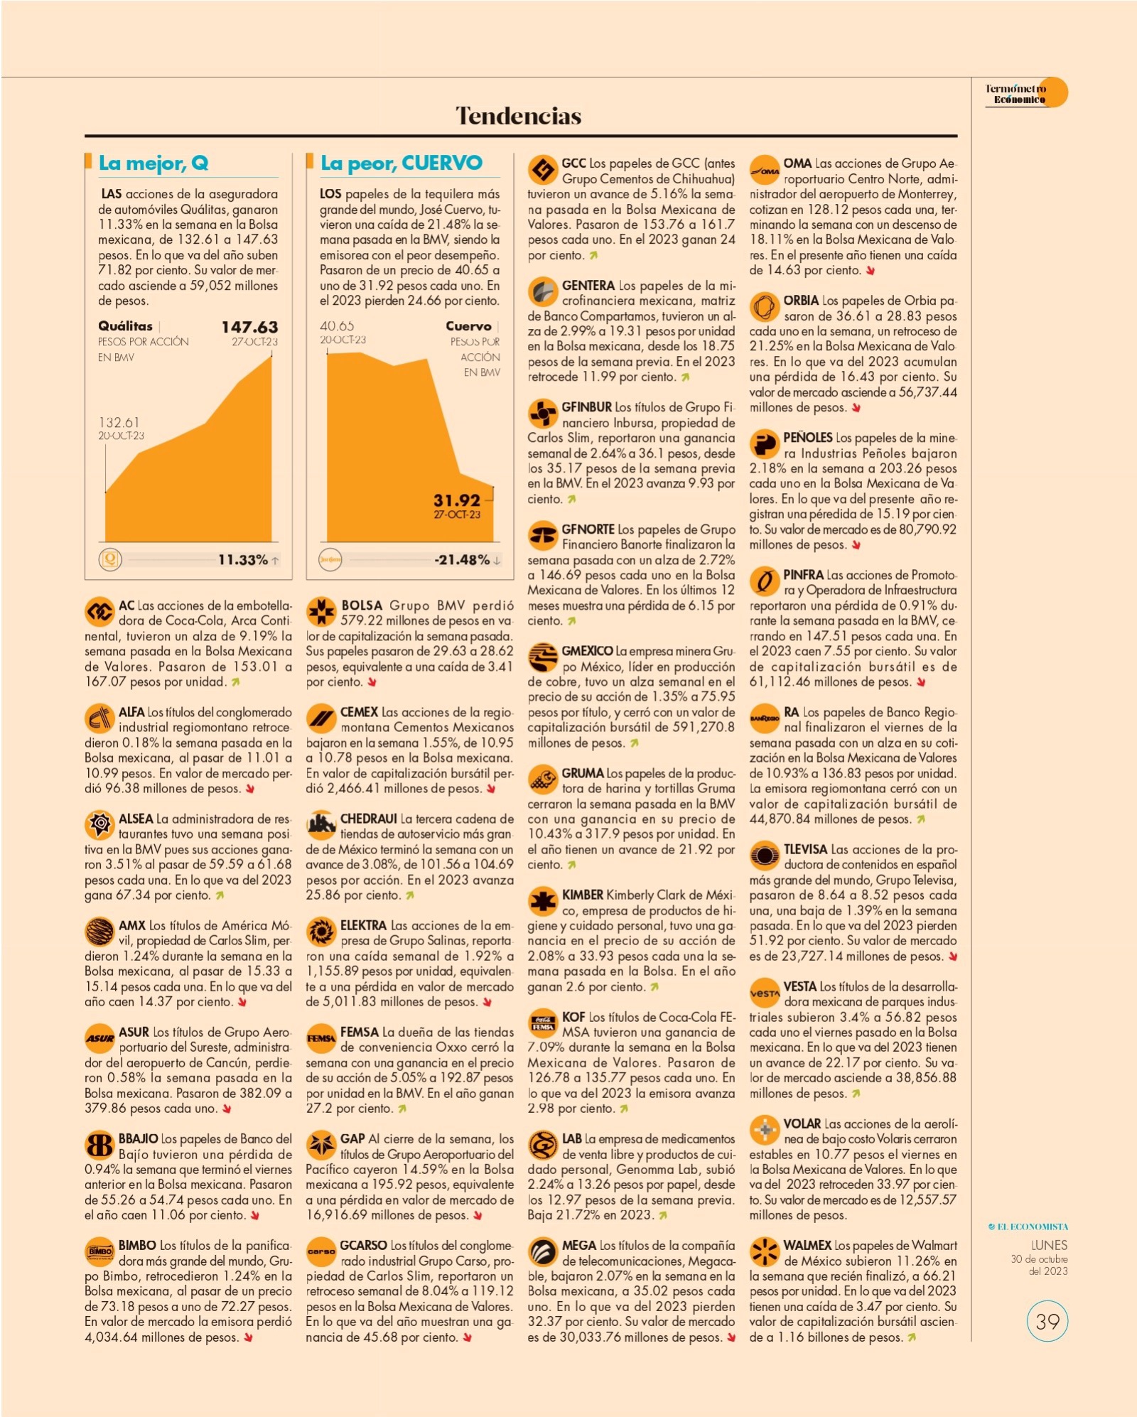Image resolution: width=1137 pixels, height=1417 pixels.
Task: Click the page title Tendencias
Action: [x=518, y=116]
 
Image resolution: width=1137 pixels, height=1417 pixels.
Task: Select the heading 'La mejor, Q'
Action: [x=153, y=163]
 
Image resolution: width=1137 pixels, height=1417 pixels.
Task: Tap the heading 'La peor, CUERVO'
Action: [x=402, y=163]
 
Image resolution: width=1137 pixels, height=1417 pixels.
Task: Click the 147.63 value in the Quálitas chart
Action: [x=249, y=327]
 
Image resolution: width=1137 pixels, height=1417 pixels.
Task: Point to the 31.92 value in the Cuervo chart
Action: [x=457, y=500]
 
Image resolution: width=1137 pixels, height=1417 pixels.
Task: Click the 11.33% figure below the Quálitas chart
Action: [x=243, y=560]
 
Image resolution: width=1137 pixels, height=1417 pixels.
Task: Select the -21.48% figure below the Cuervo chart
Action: [x=462, y=560]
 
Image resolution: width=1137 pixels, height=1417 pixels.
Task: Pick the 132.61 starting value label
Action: [x=119, y=423]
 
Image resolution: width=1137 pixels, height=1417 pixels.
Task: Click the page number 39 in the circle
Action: [x=1047, y=1321]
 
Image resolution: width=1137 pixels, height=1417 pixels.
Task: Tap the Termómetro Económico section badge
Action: [x=1026, y=93]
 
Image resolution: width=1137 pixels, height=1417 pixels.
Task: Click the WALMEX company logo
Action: [x=765, y=1253]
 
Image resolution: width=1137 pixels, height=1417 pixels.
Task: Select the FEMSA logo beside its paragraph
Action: [x=321, y=1039]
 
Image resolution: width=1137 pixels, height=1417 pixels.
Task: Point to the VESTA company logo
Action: [x=765, y=993]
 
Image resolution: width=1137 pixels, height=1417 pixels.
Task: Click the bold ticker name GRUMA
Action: [x=583, y=773]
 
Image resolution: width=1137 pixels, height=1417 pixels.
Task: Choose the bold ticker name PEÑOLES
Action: [x=807, y=438]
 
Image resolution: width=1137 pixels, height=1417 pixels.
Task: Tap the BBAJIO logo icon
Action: [x=99, y=1146]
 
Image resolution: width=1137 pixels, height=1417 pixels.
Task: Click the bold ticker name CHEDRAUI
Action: [x=368, y=819]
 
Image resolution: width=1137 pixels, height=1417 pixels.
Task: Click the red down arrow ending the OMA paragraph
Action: [x=870, y=271]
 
